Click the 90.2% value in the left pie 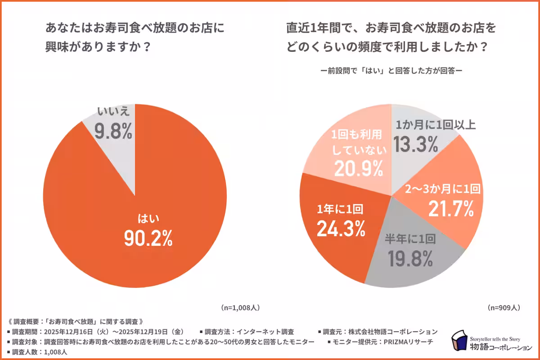(148, 239)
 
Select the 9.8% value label (113, 131)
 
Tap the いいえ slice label (113, 112)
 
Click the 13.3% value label (416, 144)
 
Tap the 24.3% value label (341, 229)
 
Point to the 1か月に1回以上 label (434, 125)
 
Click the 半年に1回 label (410, 239)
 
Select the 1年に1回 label (340, 209)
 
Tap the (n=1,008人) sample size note (240, 308)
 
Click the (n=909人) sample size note (504, 308)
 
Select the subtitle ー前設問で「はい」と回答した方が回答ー (391, 71)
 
